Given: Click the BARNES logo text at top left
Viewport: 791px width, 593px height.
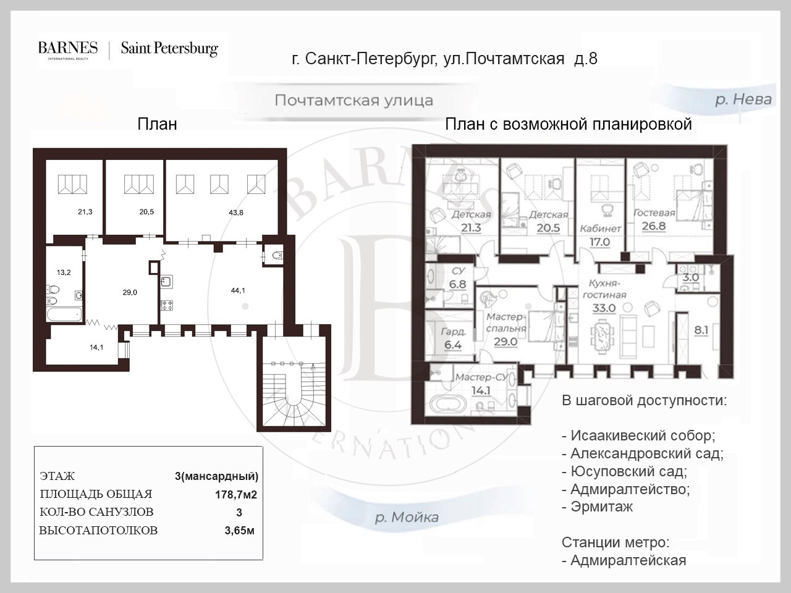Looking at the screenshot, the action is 68,48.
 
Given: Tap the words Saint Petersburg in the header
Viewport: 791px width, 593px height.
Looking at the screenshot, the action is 169,49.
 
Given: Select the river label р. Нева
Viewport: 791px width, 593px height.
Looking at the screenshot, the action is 743,99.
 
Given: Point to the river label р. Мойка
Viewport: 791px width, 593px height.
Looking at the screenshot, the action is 407,518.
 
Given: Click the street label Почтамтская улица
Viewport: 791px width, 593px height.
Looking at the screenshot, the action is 354,101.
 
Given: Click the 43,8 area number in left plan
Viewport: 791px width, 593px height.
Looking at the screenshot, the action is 235,212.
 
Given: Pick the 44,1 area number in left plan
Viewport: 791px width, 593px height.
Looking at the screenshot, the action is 238,290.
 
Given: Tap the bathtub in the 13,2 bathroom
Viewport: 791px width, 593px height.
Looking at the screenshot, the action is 64,314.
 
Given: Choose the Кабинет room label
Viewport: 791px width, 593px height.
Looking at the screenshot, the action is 601,229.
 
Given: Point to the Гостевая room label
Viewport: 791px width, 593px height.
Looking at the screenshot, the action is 654,212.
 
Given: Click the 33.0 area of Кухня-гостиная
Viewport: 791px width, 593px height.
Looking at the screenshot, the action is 604,308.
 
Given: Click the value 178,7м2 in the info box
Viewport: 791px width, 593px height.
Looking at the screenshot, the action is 236,495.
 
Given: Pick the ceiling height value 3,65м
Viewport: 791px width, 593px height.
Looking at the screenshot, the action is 239,531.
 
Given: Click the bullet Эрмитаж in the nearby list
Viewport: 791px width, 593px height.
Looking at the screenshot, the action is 598,507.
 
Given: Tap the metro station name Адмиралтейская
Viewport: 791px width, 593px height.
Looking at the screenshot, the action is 624,560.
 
